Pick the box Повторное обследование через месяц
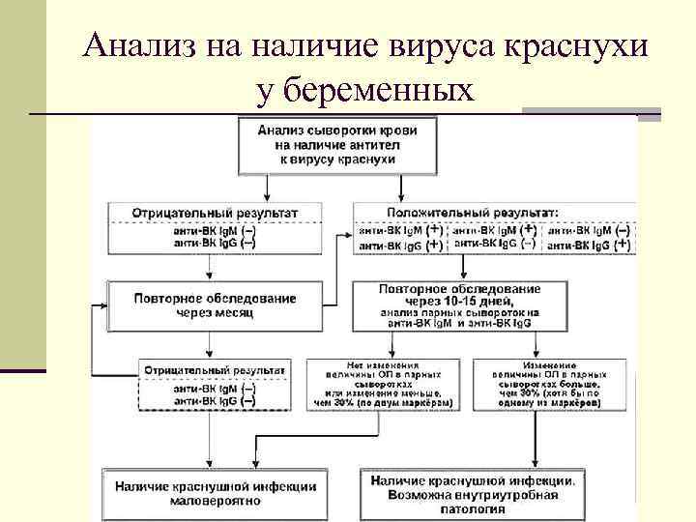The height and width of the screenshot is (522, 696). click(215, 305)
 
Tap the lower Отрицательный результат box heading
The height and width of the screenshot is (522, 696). click(215, 369)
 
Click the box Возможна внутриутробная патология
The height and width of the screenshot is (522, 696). click(475, 493)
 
